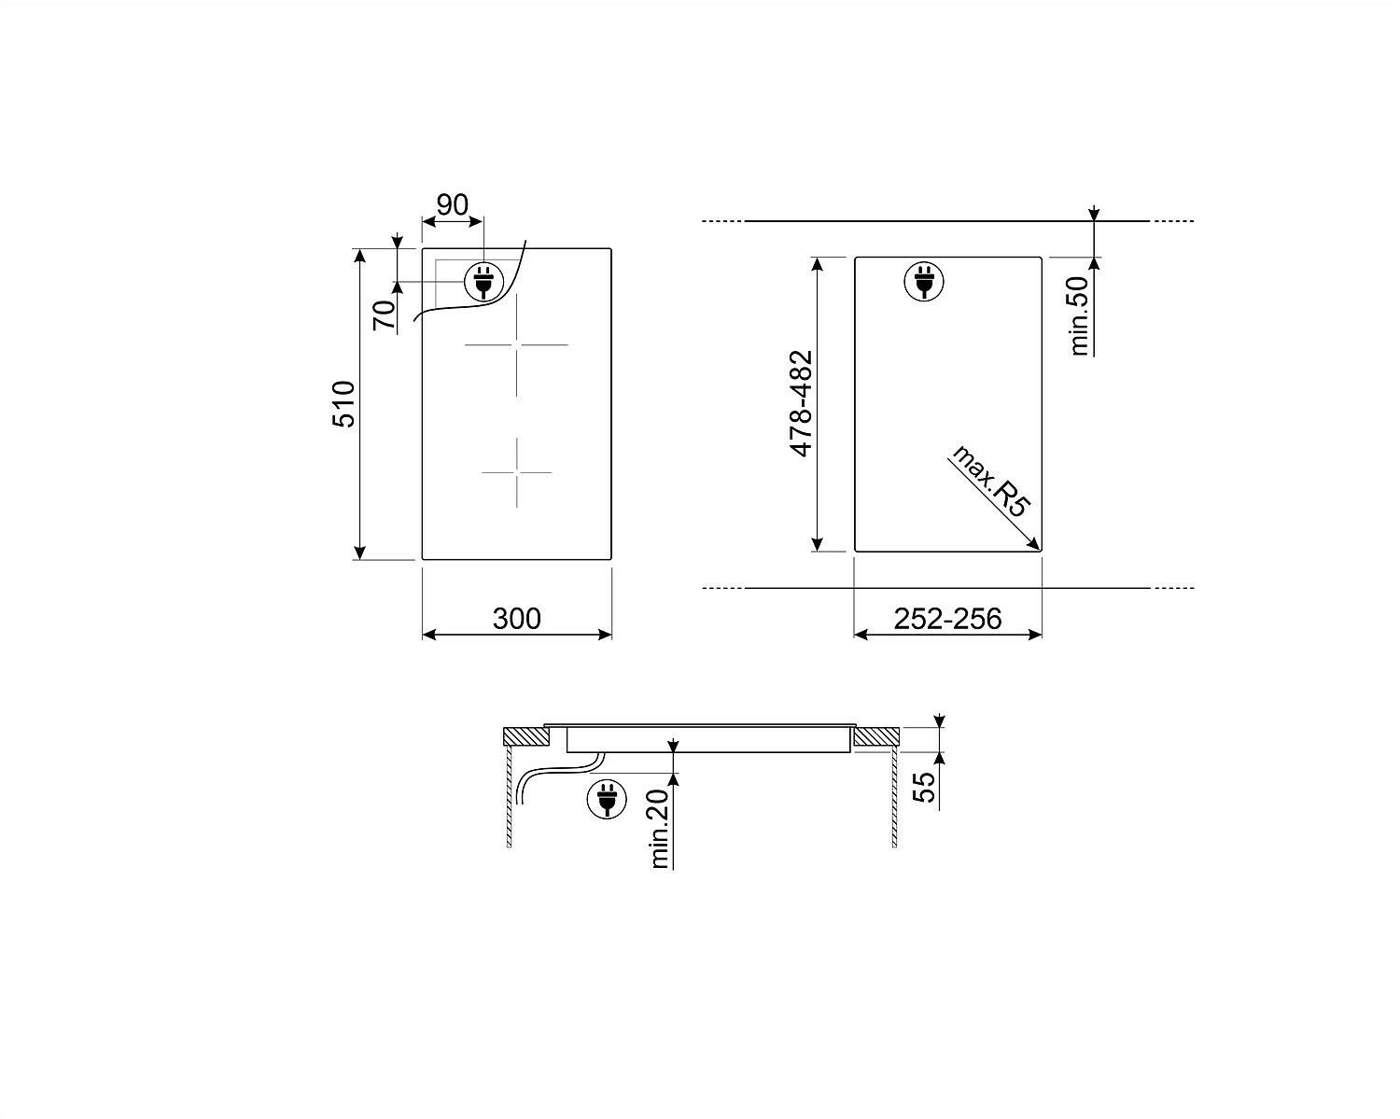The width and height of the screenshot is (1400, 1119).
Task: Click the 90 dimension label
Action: [452, 205]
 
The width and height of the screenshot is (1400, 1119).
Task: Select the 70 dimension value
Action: [385, 315]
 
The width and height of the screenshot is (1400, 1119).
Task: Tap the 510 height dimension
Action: [344, 404]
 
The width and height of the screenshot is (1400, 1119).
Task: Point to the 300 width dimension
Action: [516, 619]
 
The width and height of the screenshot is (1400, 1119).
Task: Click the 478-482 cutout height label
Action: [802, 403]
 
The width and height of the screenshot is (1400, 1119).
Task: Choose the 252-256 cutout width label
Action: [947, 619]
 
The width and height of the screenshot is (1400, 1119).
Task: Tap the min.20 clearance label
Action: [660, 829]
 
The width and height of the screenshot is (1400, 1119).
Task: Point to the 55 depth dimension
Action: [924, 787]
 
